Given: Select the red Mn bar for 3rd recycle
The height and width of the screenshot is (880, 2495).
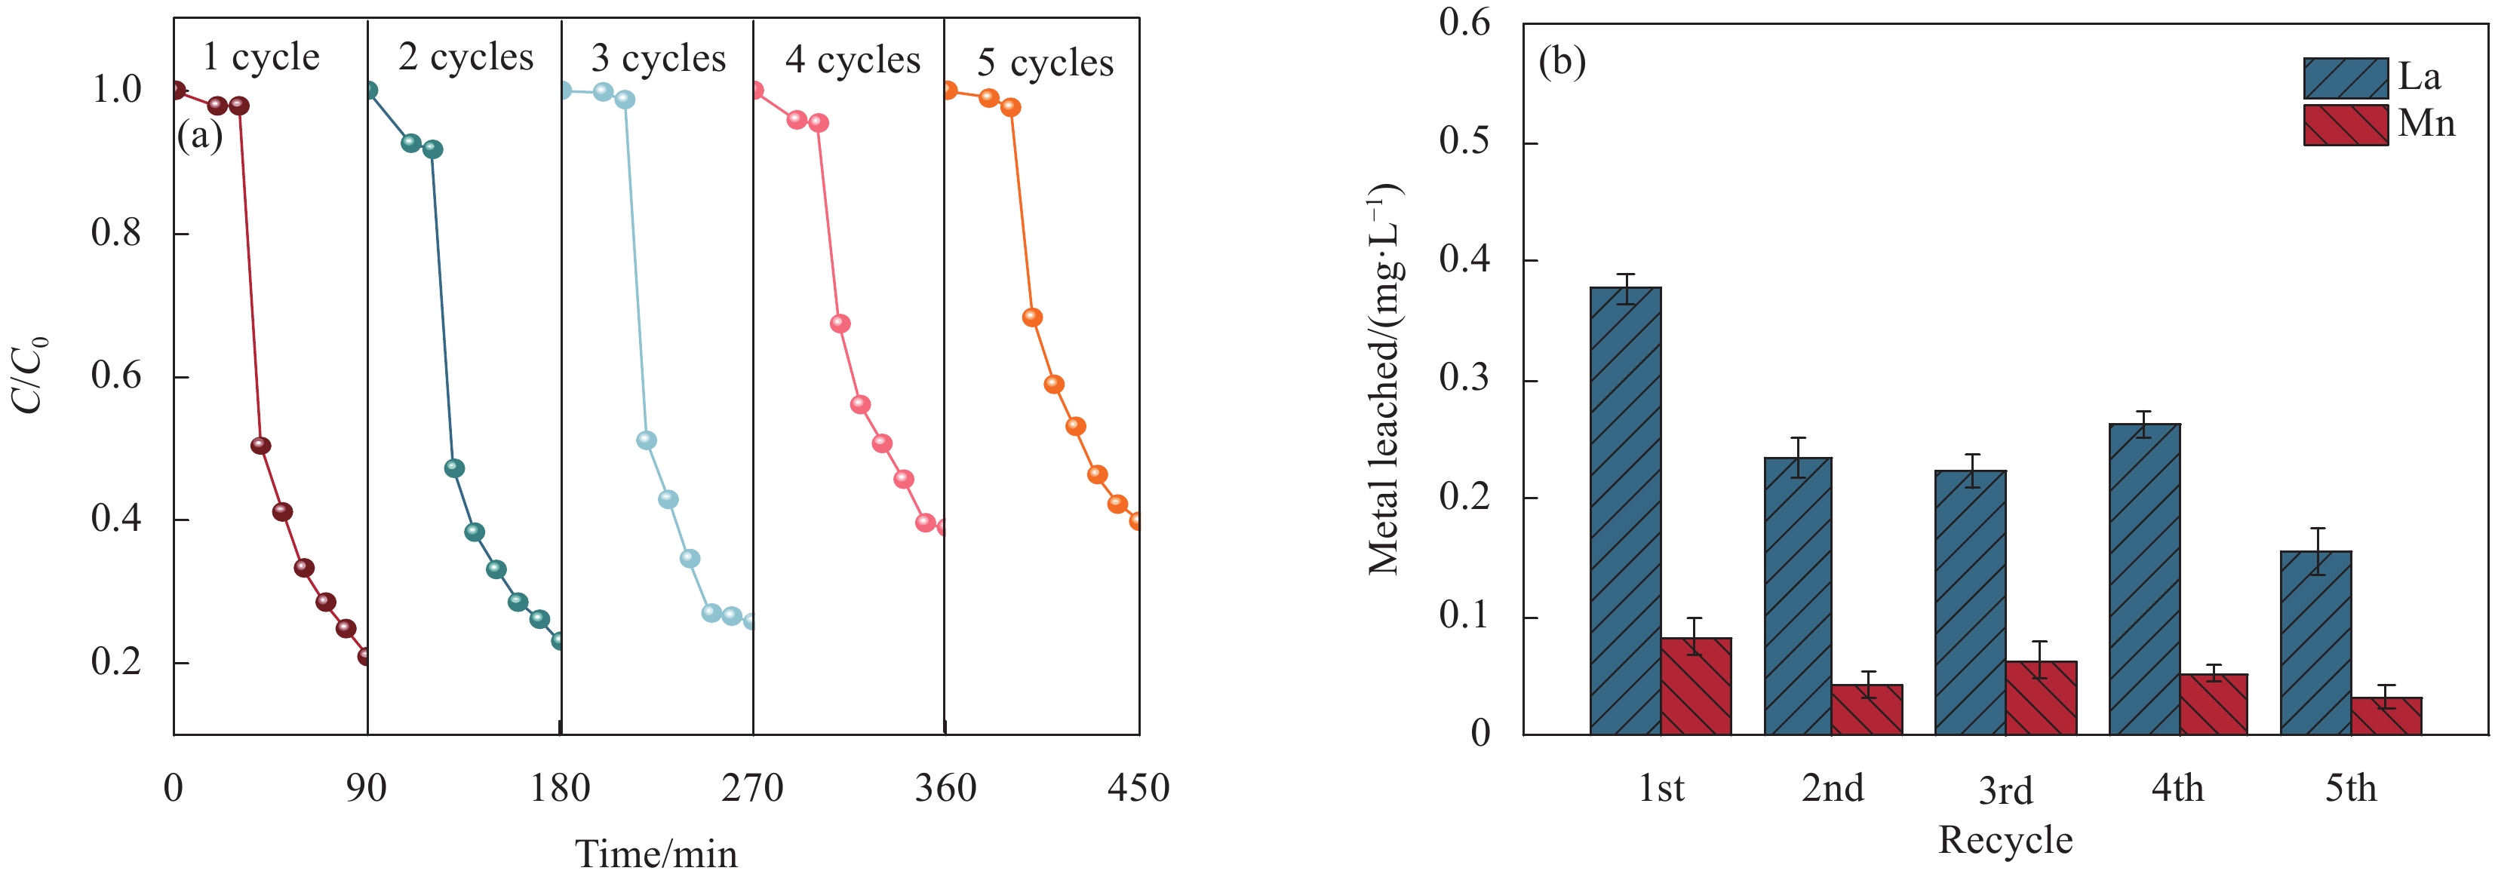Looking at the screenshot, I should [2041, 697].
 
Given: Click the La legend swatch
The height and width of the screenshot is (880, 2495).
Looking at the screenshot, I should [2345, 78].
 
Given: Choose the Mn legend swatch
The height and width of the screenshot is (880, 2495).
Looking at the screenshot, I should [2345, 126].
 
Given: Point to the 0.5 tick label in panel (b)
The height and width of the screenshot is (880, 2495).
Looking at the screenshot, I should [1464, 141].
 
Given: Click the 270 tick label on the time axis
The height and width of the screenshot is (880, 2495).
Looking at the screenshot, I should [751, 789].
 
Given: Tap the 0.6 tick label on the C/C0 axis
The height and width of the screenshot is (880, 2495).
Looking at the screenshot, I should [116, 376].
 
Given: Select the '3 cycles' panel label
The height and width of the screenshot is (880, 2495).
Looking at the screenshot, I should [658, 59].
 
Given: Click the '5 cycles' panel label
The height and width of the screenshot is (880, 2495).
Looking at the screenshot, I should [1044, 63].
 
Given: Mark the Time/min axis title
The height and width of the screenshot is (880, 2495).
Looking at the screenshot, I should [656, 854].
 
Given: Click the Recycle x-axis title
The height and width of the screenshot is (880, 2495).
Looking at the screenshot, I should [2005, 839].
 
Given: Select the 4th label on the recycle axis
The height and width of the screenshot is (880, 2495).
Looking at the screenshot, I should [2177, 789].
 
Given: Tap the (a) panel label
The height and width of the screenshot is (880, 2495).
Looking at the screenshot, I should [199, 136].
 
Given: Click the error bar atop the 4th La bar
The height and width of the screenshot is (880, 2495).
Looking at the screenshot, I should [2144, 424].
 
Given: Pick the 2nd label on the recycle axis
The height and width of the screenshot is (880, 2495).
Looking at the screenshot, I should [1832, 789].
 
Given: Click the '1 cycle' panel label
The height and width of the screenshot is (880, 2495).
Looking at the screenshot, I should [260, 57].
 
